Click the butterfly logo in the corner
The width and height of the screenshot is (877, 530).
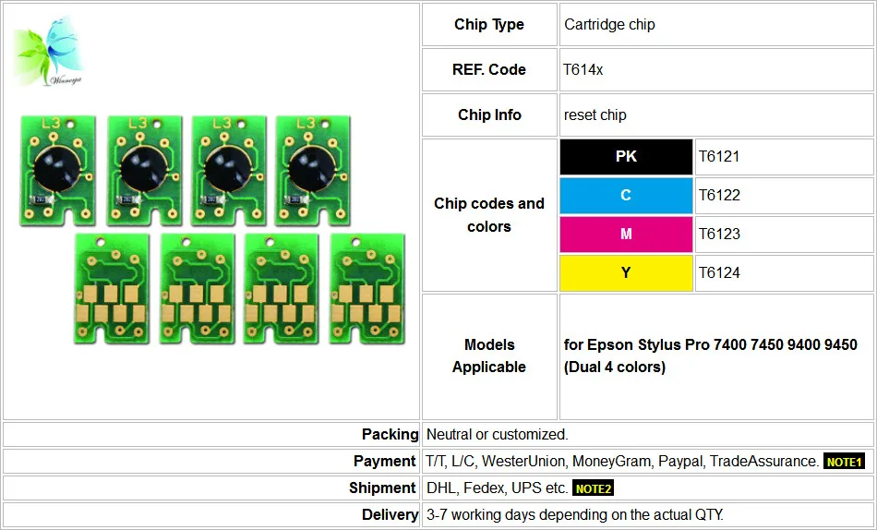click(49, 52)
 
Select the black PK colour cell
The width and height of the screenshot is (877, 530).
click(626, 157)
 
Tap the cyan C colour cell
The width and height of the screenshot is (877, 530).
click(626, 196)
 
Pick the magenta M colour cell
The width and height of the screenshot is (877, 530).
click(626, 234)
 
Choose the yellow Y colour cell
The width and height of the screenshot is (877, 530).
click(626, 272)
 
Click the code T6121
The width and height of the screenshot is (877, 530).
click(719, 157)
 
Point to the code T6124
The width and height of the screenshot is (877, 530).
click(719, 272)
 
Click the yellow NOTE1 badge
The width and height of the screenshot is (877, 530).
click(844, 462)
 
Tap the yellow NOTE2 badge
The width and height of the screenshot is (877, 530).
click(593, 488)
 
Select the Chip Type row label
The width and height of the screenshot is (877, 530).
click(489, 25)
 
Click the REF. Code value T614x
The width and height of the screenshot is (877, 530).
click(583, 70)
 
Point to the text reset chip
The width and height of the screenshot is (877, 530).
click(595, 115)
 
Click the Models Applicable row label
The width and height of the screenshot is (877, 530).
click(489, 355)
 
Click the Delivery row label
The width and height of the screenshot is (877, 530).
click(390, 515)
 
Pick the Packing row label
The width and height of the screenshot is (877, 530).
click(390, 434)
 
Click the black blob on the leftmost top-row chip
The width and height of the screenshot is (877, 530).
click(57, 169)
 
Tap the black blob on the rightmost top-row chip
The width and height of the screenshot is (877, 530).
click(312, 169)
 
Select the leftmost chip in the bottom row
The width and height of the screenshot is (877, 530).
click(113, 289)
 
